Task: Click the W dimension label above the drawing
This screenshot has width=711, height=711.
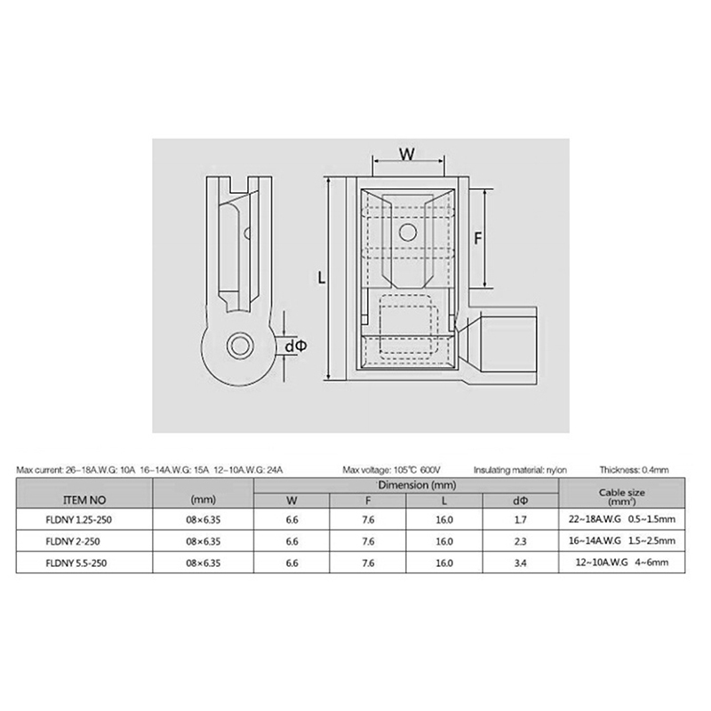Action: (407, 154)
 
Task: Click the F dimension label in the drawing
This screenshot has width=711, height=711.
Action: (478, 238)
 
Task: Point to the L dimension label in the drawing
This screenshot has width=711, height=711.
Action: (322, 277)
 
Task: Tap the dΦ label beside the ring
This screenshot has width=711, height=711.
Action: (296, 346)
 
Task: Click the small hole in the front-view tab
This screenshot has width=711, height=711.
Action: (407, 233)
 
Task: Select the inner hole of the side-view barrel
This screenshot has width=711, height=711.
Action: (240, 346)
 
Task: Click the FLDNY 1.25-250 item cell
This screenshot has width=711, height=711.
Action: (78, 520)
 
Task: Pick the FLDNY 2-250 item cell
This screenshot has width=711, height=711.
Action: (73, 541)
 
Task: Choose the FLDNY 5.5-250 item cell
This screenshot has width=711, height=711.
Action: (76, 563)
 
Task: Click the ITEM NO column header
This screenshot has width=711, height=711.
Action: (84, 500)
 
